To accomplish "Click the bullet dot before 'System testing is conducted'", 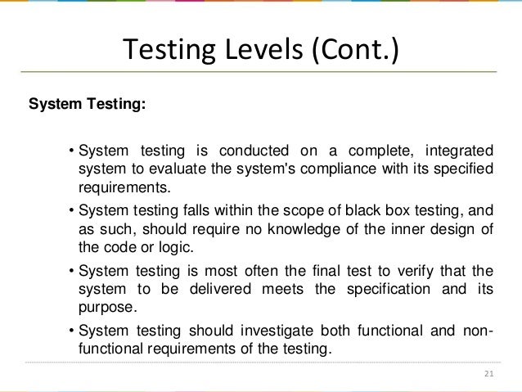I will pos(71,151).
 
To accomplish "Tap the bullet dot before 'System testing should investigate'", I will pos(71,331).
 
